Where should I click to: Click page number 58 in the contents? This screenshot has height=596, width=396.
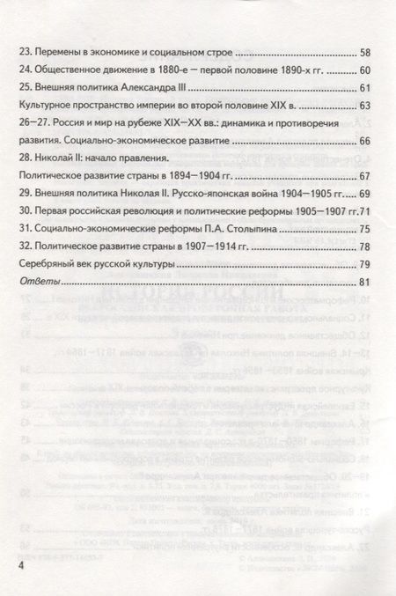point(366,51)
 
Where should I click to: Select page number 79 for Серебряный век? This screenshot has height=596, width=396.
point(366,264)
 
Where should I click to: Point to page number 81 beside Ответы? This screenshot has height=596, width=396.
point(366,282)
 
